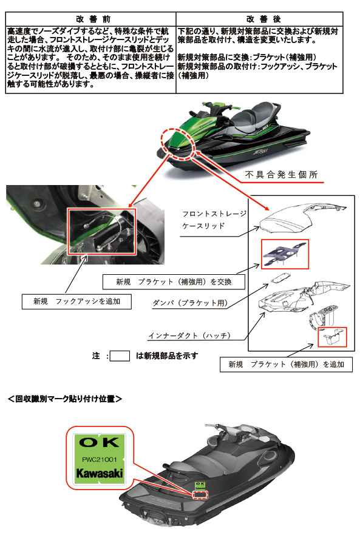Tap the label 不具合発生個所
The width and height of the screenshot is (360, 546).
coord(281,175)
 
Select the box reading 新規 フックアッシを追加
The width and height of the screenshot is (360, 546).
coord(76,302)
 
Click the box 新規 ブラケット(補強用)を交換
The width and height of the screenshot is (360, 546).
coord(174,281)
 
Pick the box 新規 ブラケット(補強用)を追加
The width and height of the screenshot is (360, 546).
coord(286,364)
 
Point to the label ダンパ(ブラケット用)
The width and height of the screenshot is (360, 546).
coord(190,303)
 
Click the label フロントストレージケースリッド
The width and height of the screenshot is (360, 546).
coord(214,220)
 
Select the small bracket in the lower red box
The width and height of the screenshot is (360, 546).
coord(332,338)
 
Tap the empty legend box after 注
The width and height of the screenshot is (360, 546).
coord(120,356)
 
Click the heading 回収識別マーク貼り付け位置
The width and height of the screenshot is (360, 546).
coord(65,399)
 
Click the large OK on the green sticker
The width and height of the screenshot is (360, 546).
coord(100,442)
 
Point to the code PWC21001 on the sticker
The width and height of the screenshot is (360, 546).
coord(100,460)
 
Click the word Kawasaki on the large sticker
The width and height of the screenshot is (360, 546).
coord(100,473)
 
